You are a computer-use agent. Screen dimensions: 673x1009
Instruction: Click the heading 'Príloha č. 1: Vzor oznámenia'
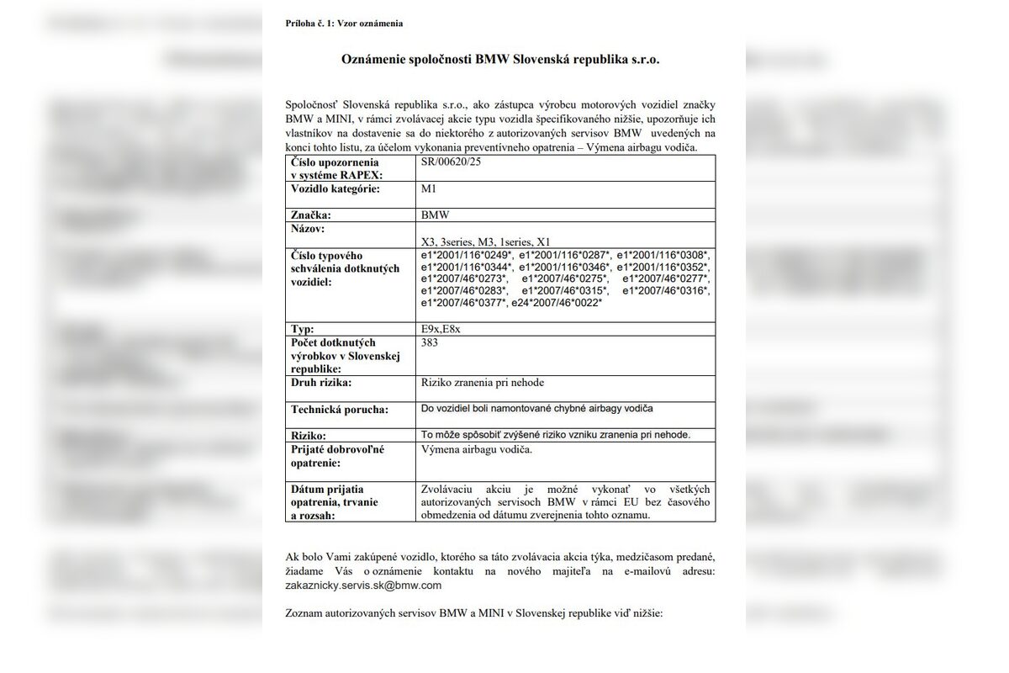(x=344, y=24)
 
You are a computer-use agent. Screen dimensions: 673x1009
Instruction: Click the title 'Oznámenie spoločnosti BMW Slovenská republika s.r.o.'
(x=500, y=61)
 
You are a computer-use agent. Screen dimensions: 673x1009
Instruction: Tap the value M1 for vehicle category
(x=429, y=189)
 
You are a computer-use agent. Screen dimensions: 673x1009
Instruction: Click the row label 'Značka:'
(x=309, y=215)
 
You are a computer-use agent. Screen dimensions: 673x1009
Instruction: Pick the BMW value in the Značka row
(x=436, y=215)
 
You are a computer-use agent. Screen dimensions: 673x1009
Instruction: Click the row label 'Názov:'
(x=308, y=229)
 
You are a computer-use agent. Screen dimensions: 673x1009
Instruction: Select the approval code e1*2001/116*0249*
(x=467, y=254)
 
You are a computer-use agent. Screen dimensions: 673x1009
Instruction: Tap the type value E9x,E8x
(x=441, y=329)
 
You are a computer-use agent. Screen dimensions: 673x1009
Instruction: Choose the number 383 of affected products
(x=431, y=342)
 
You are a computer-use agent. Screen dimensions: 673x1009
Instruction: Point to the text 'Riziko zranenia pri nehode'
(x=483, y=383)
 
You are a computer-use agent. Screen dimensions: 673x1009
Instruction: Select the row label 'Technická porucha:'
(x=340, y=410)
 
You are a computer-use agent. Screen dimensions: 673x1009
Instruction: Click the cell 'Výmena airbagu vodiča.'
(x=476, y=450)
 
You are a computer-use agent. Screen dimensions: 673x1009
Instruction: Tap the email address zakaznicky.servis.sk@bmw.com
(x=363, y=585)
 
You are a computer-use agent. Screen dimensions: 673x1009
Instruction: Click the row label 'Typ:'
(x=302, y=329)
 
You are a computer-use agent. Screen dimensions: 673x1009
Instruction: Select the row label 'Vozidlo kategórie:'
(x=335, y=189)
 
